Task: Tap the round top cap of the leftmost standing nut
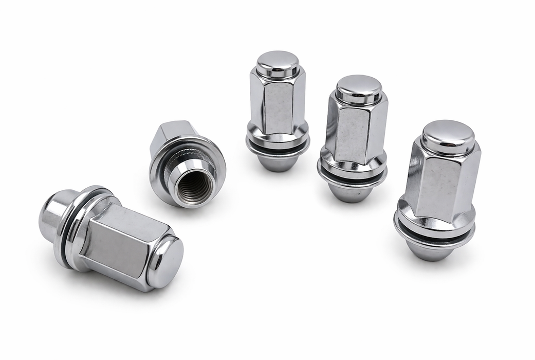click(278, 63)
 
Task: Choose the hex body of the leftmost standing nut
click(278, 103)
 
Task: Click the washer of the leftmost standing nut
click(278, 147)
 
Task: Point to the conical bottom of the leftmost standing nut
click(278, 163)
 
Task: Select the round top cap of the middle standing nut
click(359, 87)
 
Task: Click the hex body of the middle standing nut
click(355, 134)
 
